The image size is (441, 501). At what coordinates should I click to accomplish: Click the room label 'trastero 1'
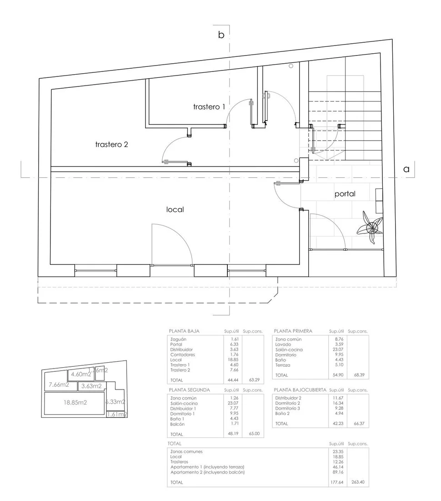click(209, 107)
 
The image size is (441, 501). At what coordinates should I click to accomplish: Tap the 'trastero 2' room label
click(111, 145)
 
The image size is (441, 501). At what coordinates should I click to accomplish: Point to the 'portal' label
click(345, 194)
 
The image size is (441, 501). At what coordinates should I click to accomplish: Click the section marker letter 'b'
click(221, 35)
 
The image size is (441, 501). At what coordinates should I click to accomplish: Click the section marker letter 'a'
click(406, 169)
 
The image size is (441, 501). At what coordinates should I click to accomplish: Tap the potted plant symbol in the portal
click(371, 226)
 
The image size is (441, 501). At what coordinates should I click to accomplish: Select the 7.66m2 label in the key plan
click(59, 385)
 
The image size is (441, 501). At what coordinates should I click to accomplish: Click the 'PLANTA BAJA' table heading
click(184, 331)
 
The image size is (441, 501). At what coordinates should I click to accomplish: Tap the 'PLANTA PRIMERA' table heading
click(293, 331)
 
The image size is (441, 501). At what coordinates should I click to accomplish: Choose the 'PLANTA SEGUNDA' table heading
click(189, 390)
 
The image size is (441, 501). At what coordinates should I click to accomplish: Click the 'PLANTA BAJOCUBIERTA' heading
click(300, 390)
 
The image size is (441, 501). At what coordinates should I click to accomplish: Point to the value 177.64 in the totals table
click(336, 482)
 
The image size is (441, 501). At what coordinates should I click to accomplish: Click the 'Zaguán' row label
click(178, 339)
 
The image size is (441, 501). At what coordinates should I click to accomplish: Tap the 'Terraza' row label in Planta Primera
click(283, 365)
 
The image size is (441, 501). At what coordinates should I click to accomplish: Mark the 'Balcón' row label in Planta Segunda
click(178, 424)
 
